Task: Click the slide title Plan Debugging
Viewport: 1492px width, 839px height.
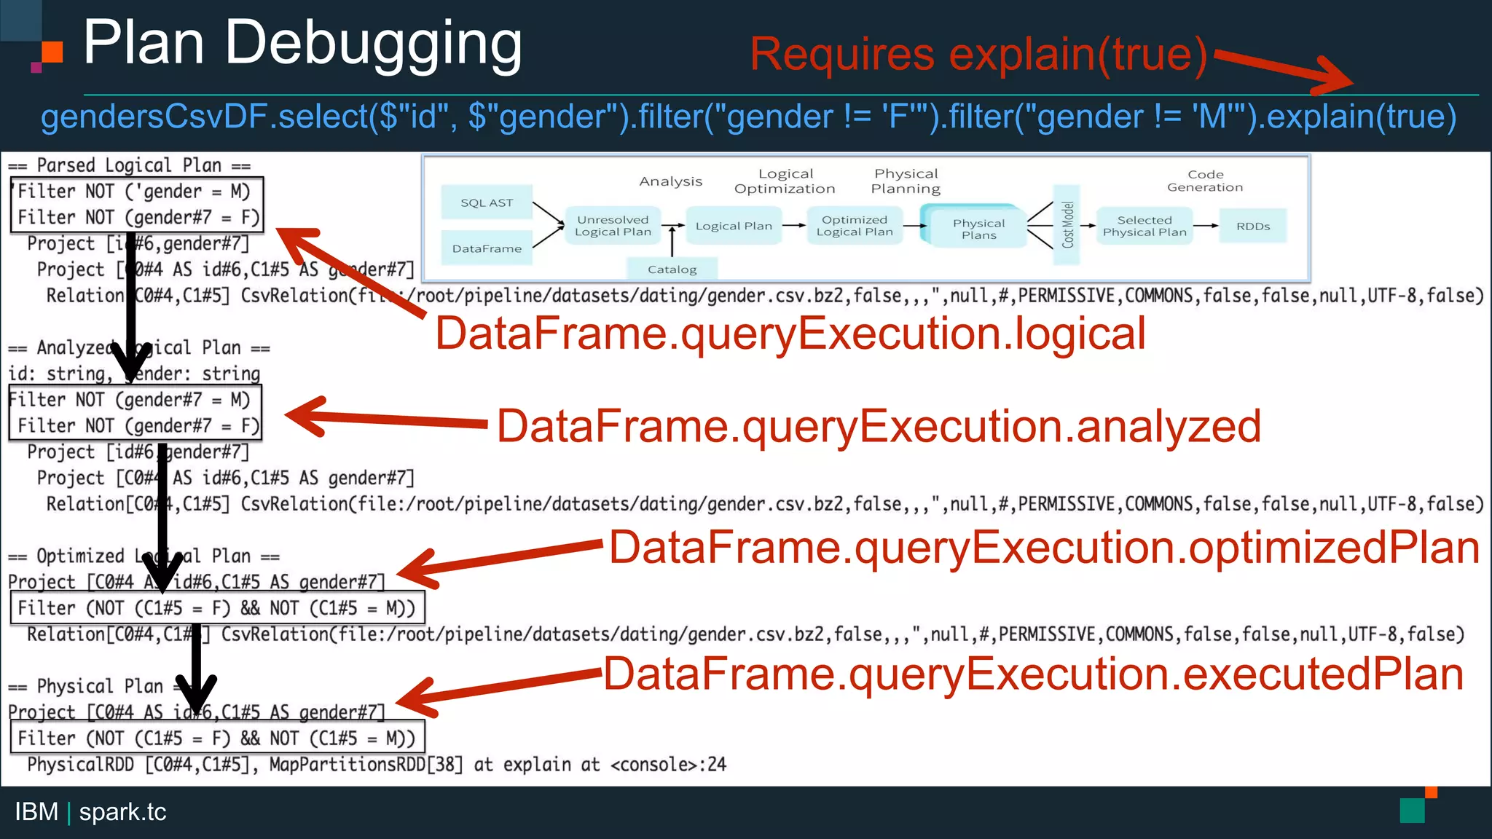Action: pos(302,44)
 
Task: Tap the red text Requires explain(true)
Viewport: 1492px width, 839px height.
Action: pos(978,55)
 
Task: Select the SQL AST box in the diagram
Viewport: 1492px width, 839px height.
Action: pos(487,202)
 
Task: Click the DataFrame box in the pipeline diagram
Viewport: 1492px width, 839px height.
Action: pos(487,248)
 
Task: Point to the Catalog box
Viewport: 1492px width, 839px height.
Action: pos(672,269)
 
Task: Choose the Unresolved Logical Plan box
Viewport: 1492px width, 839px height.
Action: pos(613,226)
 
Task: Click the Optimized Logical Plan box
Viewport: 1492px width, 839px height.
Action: pos(855,226)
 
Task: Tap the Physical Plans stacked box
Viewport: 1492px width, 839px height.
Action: pos(978,229)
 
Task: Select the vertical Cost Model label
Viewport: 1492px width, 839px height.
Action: pos(1068,225)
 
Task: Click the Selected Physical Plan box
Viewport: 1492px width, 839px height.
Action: pos(1144,226)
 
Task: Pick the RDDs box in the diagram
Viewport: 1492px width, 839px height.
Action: pos(1252,227)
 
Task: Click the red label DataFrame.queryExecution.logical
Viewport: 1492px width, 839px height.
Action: pos(790,334)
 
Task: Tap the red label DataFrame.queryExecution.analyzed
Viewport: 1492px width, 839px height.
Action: pos(878,427)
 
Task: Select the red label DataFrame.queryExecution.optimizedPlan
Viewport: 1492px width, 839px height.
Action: pos(1043,548)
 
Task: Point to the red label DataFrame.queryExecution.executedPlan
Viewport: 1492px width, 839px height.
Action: pos(1033,674)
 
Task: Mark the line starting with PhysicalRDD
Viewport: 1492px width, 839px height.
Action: pos(376,764)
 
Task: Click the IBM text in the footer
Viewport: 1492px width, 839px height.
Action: pos(36,811)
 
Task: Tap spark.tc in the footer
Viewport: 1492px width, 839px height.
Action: pos(122,811)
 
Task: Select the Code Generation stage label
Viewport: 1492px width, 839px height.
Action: pos(1205,181)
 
